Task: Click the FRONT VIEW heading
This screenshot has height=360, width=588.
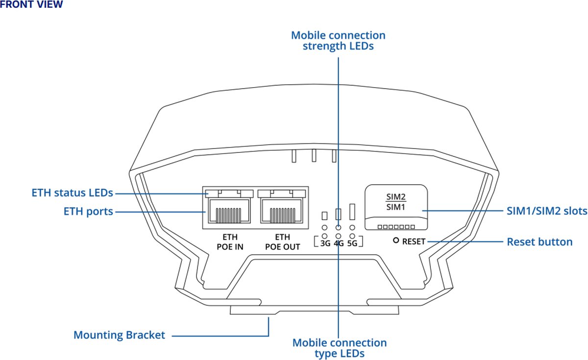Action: (31, 5)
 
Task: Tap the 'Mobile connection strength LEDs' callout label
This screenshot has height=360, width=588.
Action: (338, 41)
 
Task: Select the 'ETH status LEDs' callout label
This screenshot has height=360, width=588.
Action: (73, 192)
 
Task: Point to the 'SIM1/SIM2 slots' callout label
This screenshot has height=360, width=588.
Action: (546, 212)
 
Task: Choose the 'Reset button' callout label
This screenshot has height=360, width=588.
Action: (539, 241)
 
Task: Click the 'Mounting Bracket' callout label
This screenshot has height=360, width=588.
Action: (119, 335)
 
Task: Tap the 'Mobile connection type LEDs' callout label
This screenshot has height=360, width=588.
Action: (339, 348)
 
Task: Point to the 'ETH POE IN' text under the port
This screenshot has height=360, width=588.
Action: (230, 242)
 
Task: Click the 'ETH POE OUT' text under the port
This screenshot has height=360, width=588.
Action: (283, 242)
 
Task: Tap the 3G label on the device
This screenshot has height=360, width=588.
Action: (325, 243)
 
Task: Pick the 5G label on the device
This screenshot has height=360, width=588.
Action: (352, 243)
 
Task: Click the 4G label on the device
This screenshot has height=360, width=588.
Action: (339, 243)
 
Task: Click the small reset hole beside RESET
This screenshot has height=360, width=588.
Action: (396, 241)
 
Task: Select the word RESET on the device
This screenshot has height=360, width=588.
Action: (414, 241)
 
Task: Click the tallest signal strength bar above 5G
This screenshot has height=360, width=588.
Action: (352, 212)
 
